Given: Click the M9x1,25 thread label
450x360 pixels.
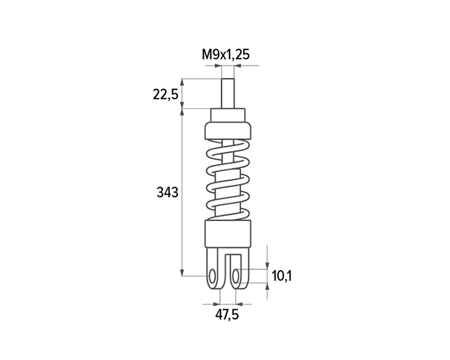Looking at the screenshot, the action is coord(226,55).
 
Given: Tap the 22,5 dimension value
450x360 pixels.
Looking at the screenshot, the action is coord(166,94).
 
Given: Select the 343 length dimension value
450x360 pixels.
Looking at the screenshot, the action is coord(167,192).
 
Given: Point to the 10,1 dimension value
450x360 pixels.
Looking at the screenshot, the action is coord(282,276).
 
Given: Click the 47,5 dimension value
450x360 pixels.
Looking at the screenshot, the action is coord(227,315).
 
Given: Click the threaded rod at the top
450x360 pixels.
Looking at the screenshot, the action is coord(228,94).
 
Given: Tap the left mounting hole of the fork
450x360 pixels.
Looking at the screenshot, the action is coord(212,276).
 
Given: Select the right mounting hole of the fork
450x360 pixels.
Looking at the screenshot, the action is coord(236,276).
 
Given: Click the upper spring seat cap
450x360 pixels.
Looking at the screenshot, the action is coord(228,130).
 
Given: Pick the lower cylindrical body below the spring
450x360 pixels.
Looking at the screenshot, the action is coord(228,234).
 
